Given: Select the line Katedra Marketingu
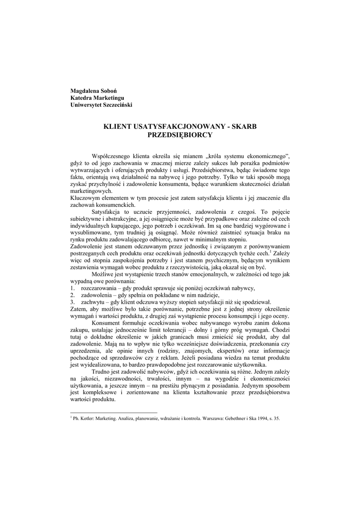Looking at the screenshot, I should pos(97,97).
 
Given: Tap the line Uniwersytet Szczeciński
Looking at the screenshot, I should pos(101,105).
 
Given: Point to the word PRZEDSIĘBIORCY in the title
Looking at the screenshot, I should pos(180,135).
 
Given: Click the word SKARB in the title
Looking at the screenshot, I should pos(245,127).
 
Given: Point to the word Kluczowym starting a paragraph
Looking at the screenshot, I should pos(86,198).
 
